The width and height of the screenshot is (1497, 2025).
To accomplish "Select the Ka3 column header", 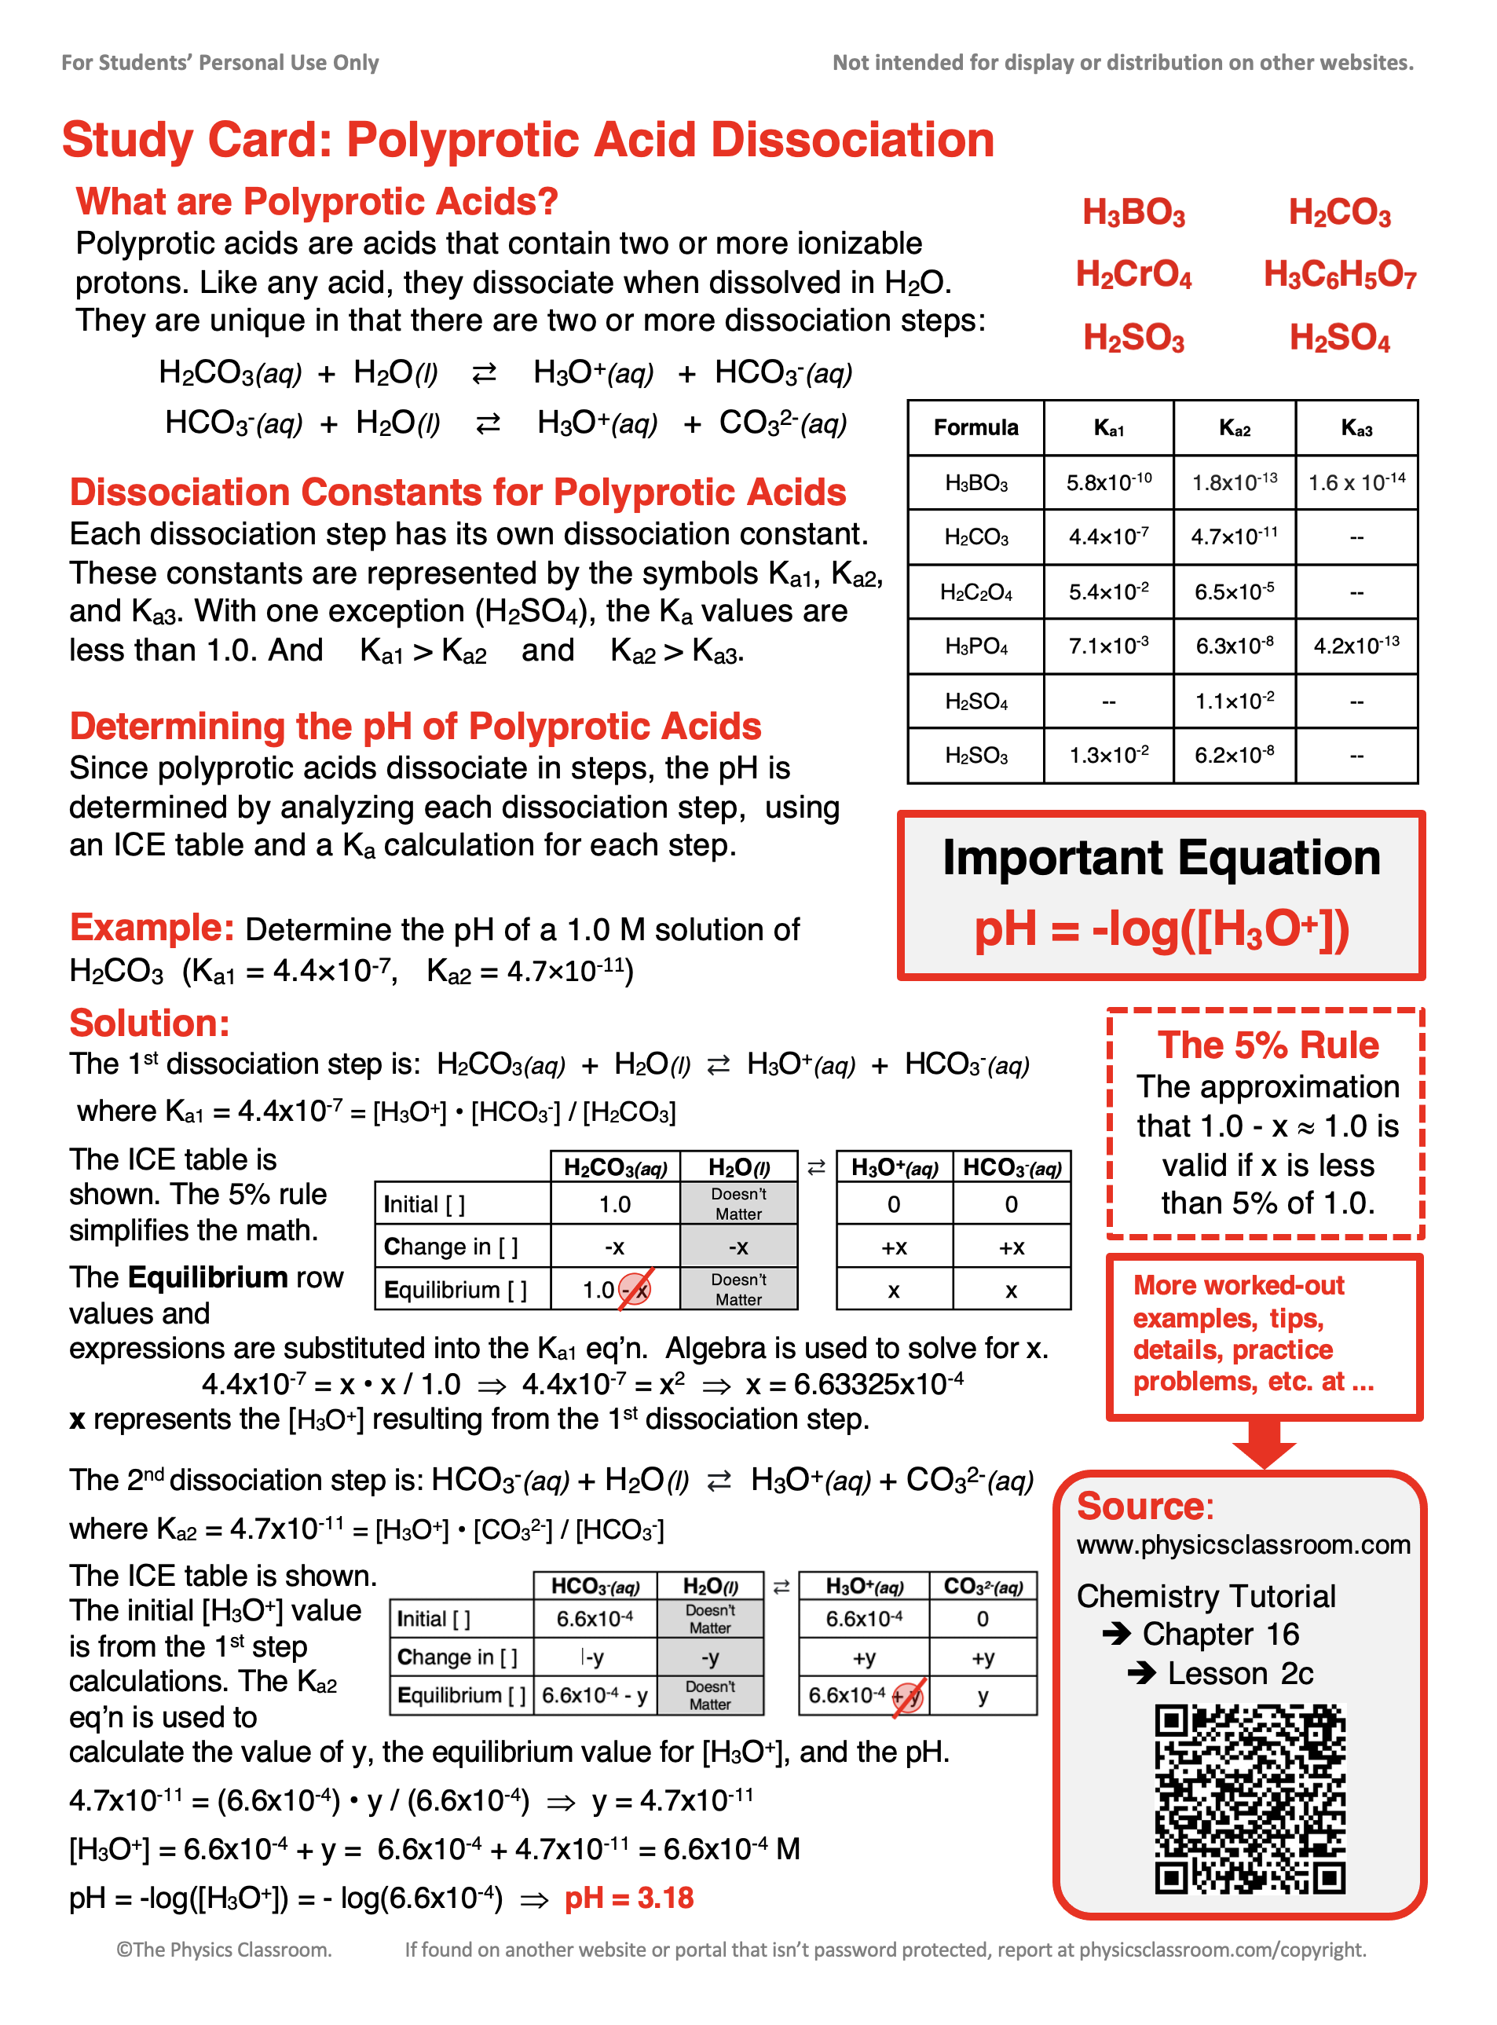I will click(1356, 427).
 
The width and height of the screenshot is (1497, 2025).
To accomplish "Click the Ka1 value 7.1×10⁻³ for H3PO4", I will click(1108, 646).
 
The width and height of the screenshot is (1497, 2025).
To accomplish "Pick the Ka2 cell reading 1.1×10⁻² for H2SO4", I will click(1234, 701).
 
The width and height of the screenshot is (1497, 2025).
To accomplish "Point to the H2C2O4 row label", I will click(976, 592).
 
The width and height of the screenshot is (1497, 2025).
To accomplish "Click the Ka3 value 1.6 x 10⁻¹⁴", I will click(1356, 482).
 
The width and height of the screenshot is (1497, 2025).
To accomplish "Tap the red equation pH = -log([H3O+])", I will click(1161, 929).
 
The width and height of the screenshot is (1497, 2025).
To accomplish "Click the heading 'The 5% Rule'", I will click(1268, 1045).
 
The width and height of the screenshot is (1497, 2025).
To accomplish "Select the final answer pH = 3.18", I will click(629, 1897).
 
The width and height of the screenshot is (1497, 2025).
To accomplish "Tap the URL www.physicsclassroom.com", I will click(1243, 1544).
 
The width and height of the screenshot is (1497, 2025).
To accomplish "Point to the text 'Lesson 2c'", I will click(1239, 1672).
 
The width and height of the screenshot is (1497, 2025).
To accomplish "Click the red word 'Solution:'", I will click(149, 1023).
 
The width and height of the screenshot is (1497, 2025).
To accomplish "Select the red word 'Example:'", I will click(152, 928).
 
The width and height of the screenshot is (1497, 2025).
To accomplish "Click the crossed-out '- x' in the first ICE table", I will click(635, 1289).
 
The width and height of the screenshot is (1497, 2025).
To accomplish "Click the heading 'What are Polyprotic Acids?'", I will click(317, 201).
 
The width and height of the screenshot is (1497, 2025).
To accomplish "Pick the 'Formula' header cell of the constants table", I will click(976, 427).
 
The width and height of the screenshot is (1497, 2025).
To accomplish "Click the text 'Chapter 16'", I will click(1220, 1634).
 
